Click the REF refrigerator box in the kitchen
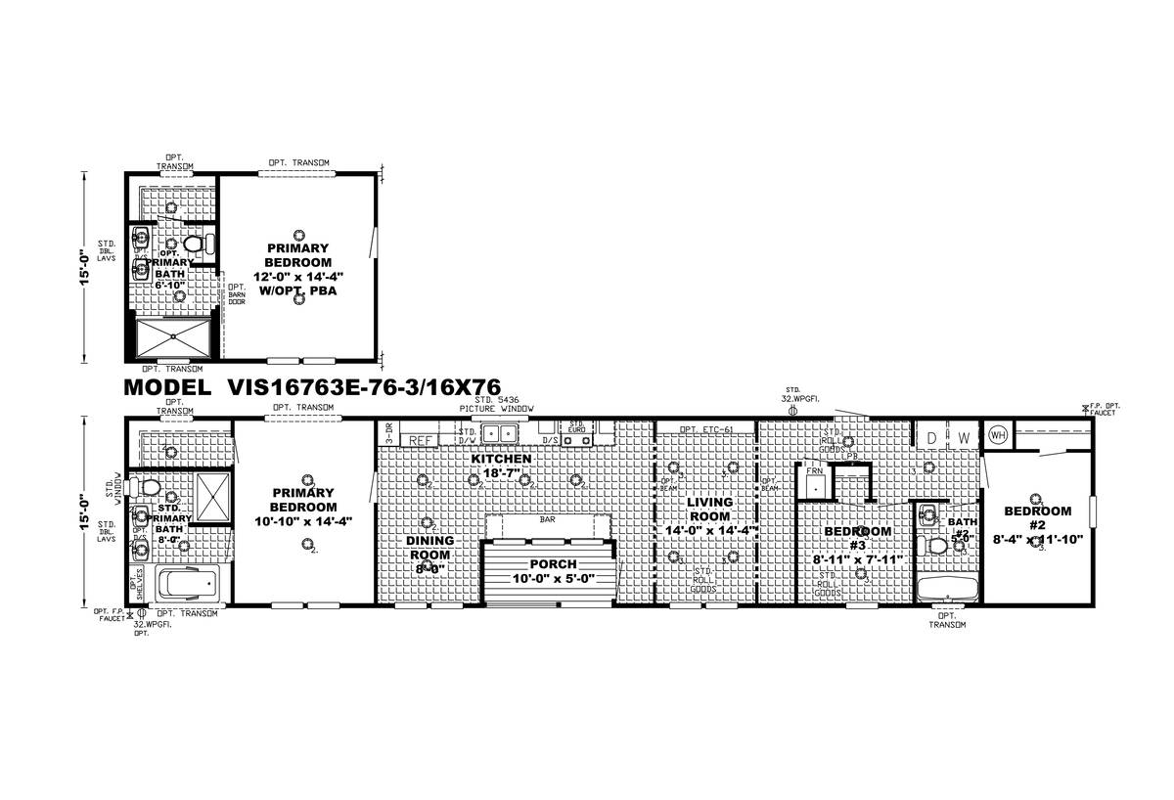click(421, 441)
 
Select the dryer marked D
click(931, 437)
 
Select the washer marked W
click(963, 437)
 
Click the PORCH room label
click(555, 564)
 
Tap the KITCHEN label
click(501, 459)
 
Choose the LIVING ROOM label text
click(710, 509)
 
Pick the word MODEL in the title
click(165, 387)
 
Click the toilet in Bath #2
click(939, 545)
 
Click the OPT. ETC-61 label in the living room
click(705, 429)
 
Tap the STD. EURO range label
click(577, 427)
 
